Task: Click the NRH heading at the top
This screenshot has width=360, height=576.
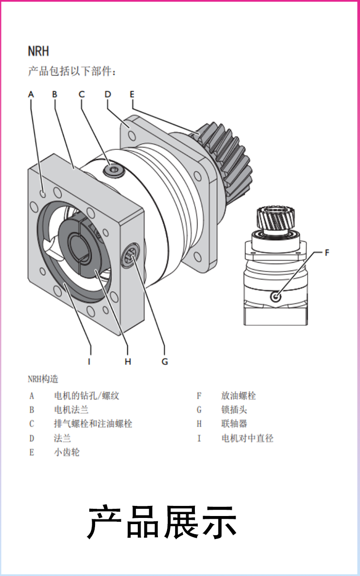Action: click(38, 51)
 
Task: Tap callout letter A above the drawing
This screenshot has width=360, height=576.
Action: click(31, 95)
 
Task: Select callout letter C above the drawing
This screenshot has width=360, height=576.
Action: click(82, 95)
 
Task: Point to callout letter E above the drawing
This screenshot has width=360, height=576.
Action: click(132, 95)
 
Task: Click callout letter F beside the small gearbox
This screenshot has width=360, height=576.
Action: click(327, 253)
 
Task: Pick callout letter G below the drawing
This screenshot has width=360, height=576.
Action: click(165, 361)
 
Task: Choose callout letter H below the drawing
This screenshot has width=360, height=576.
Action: click(128, 361)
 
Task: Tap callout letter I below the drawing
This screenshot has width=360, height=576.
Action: click(89, 361)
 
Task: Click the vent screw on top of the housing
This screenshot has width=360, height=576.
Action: click(114, 170)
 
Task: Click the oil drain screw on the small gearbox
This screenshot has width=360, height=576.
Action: click(276, 297)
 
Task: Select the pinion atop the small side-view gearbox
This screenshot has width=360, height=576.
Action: click(276, 218)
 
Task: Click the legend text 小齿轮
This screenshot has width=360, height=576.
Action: click(67, 452)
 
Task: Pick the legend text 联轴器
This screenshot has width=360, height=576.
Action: click(234, 424)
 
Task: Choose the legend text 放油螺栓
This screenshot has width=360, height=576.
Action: click(239, 396)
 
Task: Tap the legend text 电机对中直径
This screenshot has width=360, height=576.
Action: click(247, 438)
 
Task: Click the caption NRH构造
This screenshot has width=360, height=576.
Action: click(43, 379)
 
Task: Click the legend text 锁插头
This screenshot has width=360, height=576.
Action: click(234, 409)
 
